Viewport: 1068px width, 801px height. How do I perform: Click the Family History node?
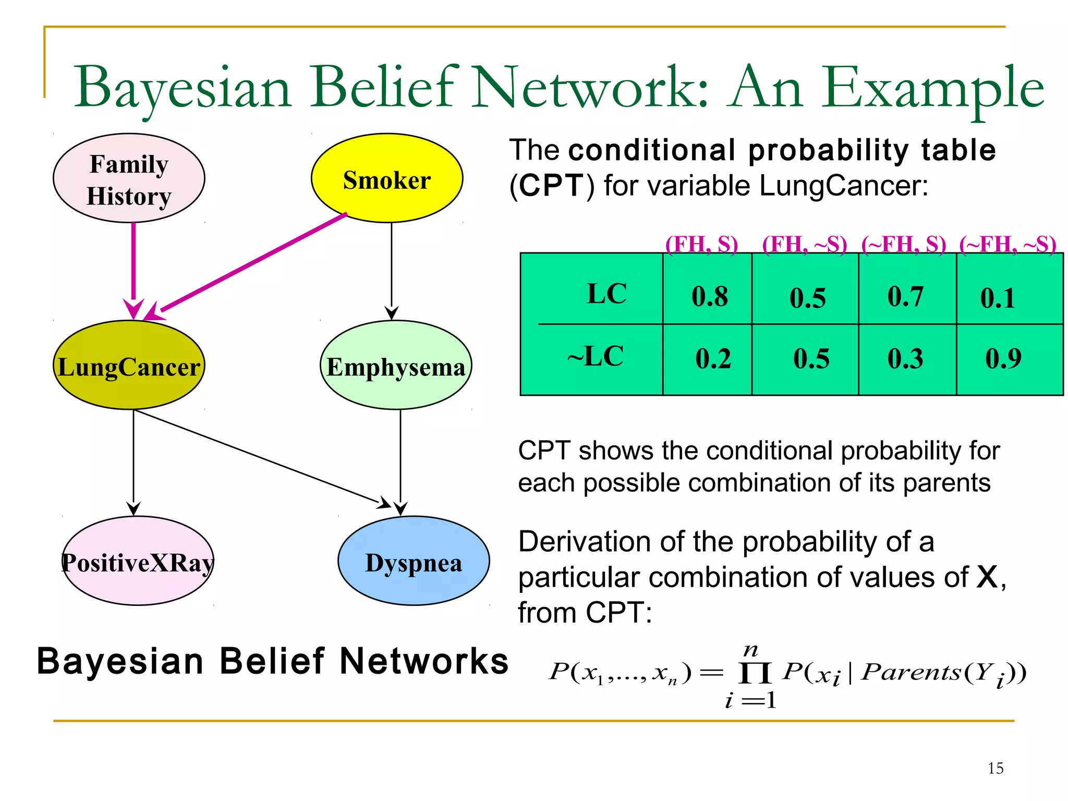[x=129, y=178]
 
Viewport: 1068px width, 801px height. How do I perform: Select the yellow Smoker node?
[x=386, y=178]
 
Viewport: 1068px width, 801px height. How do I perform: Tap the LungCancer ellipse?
[x=129, y=365]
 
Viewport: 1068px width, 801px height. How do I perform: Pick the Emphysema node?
[x=395, y=365]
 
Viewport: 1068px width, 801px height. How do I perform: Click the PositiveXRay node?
[x=138, y=561]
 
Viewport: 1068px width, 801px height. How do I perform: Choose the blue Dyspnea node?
[x=413, y=561]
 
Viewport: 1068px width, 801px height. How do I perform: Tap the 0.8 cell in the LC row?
[x=709, y=296]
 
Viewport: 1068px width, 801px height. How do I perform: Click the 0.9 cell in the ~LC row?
[x=1003, y=358]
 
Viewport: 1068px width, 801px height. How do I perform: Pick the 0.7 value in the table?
[x=905, y=296]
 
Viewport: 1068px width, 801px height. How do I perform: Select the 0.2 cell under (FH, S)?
[x=713, y=358]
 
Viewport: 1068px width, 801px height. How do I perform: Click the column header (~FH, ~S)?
[x=1008, y=244]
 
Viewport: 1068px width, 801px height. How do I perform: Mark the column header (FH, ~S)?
[x=804, y=244]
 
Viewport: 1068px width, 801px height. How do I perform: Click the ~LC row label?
[x=596, y=356]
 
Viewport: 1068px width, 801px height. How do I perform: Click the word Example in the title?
[x=933, y=88]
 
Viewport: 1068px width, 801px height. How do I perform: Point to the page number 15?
[x=995, y=768]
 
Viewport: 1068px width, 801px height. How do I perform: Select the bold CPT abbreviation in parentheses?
[x=552, y=185]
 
